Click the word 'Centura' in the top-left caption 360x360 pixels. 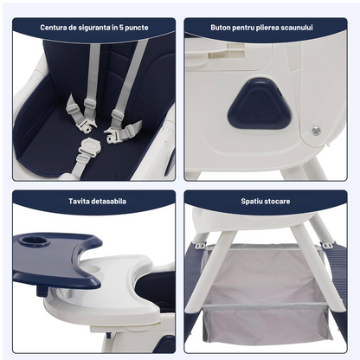54,27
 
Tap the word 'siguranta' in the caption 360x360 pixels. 95,27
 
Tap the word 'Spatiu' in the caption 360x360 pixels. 253,201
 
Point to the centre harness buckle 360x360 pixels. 87,129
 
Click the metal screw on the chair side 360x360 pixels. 315,131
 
